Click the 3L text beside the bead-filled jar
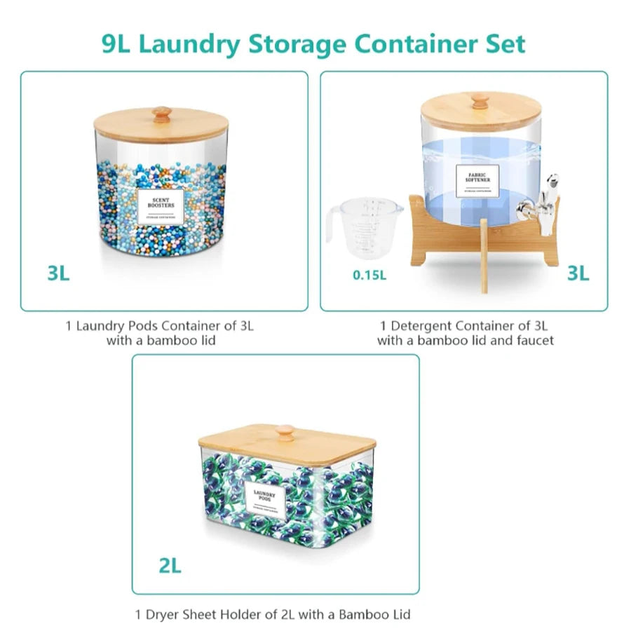point(59,273)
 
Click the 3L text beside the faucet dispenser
point(578,273)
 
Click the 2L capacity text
point(169,565)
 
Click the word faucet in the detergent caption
point(531,341)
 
